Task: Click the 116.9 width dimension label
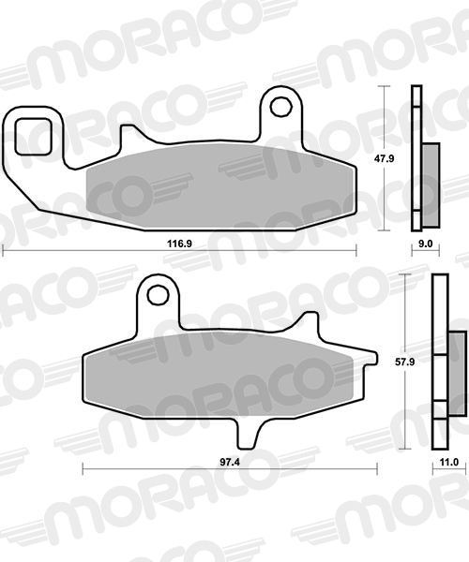pos(179,244)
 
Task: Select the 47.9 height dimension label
pos(385,158)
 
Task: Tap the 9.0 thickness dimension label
pos(426,244)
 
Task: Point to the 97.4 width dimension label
pos(230,462)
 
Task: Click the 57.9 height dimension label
pos(405,362)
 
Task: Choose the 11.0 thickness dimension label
pos(449,463)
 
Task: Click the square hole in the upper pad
pos(34,137)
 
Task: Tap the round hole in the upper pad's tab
pos(281,106)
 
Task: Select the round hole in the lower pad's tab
pos(158,295)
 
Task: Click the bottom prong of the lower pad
pos(248,434)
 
